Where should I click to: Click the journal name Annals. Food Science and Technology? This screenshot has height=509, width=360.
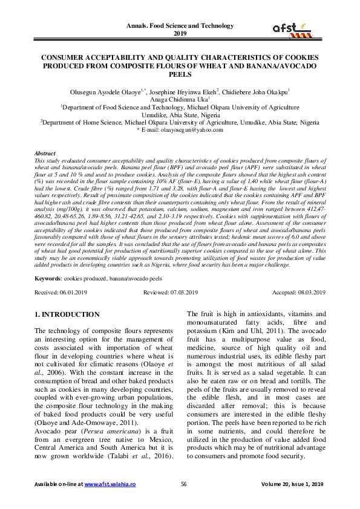pyautogui.click(x=180, y=25)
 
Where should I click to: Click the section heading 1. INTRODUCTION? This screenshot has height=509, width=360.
pyautogui.click(x=67, y=314)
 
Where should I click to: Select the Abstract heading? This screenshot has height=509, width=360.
pyautogui.click(x=46, y=154)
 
